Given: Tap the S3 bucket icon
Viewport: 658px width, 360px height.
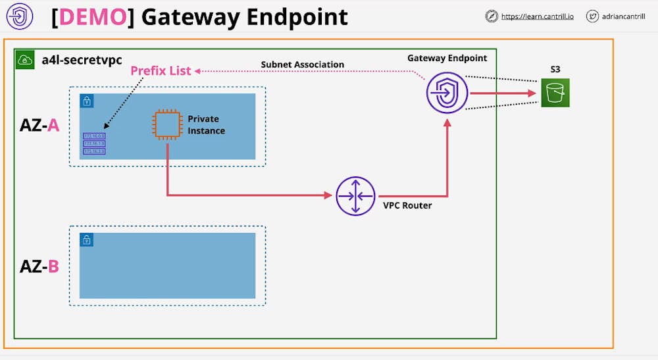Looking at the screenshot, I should point(555,93).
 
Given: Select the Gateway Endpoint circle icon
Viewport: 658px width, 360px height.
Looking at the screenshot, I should point(447,93).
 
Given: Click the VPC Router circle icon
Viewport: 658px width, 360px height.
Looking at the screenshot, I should point(355,195).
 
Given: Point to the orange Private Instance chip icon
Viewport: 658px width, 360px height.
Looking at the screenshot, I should point(167,124).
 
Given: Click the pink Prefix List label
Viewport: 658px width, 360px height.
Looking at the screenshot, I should point(161,70).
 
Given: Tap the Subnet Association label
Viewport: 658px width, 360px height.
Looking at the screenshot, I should point(303,64).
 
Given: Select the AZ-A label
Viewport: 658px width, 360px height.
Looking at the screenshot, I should point(39,125).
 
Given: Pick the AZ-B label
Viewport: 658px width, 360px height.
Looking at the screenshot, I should point(39,267).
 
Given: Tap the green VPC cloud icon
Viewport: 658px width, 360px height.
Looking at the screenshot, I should point(26,61).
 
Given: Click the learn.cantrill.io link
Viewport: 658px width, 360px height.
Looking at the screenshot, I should point(537,16).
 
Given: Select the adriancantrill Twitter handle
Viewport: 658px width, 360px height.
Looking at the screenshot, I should point(629,16).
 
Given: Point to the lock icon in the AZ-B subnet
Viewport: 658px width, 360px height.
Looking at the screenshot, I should point(87,240).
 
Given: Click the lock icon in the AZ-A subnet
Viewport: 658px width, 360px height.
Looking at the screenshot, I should point(87,101).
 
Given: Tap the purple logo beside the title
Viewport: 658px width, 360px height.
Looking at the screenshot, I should point(19,17).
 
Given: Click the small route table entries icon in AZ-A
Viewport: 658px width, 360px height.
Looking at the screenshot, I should point(94,143).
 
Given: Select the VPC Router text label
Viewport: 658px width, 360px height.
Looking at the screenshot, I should point(407,205).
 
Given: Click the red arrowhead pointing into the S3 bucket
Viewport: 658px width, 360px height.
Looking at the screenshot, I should point(532,93).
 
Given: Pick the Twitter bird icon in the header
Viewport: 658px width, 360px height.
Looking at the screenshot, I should point(592,16).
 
